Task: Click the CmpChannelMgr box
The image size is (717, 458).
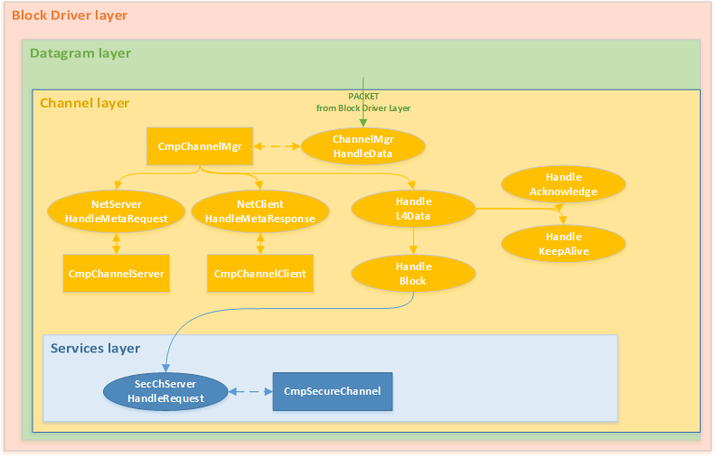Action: point(200,146)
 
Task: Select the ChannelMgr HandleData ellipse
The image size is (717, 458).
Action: point(363,146)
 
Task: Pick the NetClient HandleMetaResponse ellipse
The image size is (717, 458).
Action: point(259,211)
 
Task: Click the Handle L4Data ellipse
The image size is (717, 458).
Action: point(414,209)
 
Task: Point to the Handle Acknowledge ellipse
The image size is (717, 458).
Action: point(563,184)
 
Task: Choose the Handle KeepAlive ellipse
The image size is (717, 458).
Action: point(563,244)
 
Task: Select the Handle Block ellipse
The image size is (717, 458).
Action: point(414,274)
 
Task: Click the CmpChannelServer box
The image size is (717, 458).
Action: point(117,274)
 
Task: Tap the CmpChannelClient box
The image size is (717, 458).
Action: point(259,274)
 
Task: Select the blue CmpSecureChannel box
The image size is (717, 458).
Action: point(333,391)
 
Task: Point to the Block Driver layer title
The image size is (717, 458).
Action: point(70,15)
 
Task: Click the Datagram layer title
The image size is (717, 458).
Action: point(80,53)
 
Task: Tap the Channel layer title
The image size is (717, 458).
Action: point(84,103)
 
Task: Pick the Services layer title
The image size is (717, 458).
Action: point(95,349)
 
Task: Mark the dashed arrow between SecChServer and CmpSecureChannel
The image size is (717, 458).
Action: point(250,391)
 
